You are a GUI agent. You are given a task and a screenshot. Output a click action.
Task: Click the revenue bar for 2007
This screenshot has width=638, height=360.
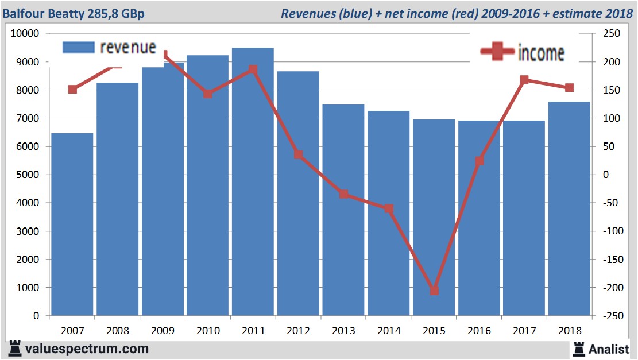pos(72,224)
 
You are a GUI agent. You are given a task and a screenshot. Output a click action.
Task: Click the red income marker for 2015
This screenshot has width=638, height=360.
pos(434,291)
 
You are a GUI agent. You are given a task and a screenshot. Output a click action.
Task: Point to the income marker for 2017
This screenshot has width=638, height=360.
pos(524,80)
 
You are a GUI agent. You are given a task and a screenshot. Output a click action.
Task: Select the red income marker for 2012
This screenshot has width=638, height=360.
pos(298,154)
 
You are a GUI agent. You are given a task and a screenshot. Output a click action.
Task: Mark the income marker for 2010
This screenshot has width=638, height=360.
pos(208,94)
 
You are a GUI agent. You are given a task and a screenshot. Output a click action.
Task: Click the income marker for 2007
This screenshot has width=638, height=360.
pos(72,89)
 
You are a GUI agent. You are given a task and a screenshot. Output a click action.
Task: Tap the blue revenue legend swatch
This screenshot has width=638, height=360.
pos(77,48)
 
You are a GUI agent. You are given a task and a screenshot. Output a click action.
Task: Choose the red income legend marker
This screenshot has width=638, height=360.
pos(497,52)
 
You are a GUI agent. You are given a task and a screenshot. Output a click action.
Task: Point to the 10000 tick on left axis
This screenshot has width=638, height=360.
pos(25,33)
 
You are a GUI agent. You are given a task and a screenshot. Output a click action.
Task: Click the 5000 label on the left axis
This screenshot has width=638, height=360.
pos(27,175)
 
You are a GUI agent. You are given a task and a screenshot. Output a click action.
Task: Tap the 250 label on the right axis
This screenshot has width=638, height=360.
pos(611,33)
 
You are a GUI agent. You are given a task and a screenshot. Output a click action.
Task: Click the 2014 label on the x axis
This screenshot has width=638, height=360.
pos(389,331)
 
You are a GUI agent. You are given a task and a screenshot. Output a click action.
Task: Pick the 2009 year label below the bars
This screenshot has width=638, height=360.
pos(163,331)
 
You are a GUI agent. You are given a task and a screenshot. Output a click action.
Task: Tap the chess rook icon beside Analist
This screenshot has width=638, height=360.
pos(578,348)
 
